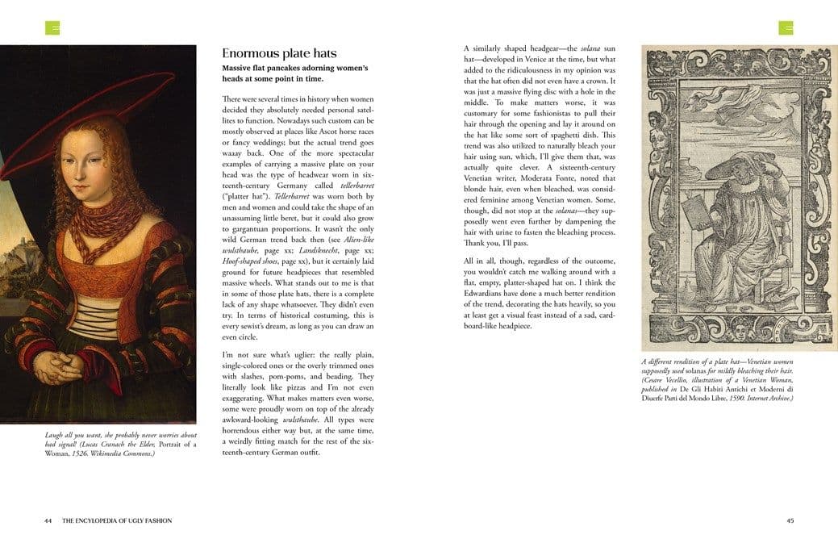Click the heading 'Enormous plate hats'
click(x=280, y=53)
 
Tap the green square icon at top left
click(x=52, y=28)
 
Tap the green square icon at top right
click(x=786, y=28)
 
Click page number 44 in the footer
click(x=48, y=520)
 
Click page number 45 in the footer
click(x=790, y=520)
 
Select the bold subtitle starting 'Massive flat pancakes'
click(x=294, y=73)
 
